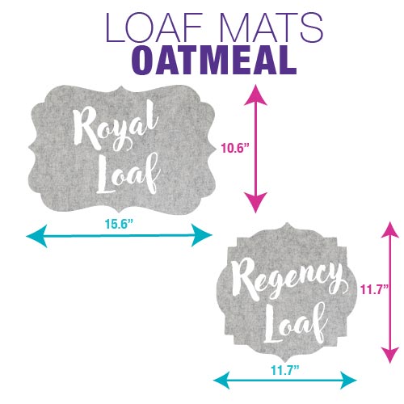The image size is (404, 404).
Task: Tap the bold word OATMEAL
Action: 213,61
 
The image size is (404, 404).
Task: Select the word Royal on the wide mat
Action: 115,127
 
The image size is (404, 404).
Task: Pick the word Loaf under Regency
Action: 296,323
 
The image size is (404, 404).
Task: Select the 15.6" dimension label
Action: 119,223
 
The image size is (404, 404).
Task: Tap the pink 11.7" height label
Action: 374,290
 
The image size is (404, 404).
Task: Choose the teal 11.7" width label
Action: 285,370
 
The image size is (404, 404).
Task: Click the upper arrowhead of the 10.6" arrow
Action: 255,95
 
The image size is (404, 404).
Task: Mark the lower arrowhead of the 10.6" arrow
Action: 255,203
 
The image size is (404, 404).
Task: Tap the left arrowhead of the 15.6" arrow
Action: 36,236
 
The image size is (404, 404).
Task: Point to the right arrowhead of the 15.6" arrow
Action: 201,235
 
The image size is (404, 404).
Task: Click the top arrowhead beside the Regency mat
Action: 390,230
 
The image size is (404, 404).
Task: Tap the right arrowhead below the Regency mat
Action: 348,380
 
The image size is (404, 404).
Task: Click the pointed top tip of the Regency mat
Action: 287,223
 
